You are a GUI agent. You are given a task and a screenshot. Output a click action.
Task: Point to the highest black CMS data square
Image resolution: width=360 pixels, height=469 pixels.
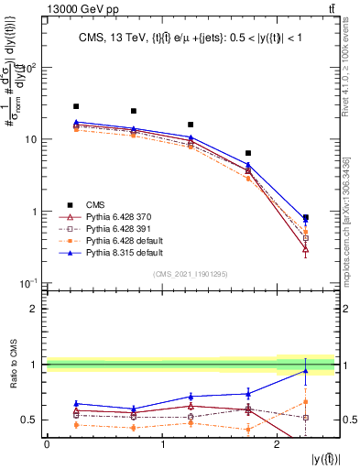76,106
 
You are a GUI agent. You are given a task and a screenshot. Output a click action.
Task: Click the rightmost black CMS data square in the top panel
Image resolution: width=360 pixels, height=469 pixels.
305,218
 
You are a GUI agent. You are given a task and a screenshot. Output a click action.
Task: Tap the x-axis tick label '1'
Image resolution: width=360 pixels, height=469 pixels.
161,444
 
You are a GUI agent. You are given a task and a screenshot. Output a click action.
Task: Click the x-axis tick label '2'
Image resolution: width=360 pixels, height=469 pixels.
277,444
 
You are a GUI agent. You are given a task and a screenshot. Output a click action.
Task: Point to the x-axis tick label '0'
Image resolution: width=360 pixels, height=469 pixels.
47,444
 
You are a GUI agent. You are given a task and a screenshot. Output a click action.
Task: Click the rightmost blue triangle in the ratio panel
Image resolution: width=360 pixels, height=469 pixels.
305,371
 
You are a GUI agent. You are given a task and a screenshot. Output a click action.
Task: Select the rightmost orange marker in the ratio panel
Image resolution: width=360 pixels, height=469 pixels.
305,401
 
